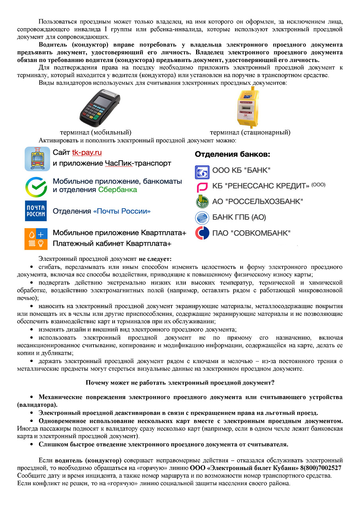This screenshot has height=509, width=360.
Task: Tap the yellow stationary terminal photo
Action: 245,106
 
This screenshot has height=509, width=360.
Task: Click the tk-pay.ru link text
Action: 87,153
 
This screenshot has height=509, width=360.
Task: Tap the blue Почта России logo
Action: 36,211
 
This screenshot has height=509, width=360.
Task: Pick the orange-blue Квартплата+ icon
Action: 36,238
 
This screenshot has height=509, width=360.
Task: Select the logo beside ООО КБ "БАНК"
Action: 202,171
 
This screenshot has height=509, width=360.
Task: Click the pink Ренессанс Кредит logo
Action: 202,187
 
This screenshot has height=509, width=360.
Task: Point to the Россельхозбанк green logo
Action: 202,202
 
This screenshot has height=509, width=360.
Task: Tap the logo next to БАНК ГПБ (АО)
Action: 202,218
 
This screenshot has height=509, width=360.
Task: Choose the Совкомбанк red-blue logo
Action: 202,233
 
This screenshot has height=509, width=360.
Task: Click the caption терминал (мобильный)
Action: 95,132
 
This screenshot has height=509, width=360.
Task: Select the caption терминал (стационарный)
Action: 250,132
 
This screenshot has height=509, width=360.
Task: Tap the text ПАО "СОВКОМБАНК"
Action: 251,233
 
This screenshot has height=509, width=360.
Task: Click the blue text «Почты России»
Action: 122,211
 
